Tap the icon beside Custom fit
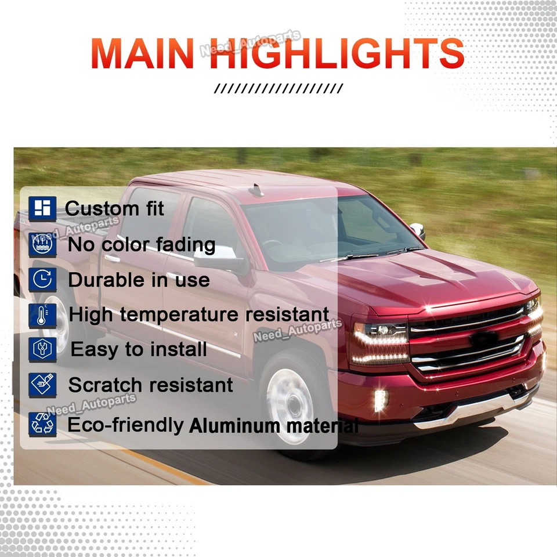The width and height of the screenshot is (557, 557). coord(42,208)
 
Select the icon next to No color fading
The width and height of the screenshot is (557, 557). coord(42,244)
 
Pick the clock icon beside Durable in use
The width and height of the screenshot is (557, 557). coord(42,280)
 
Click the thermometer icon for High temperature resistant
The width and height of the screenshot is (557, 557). coord(42,315)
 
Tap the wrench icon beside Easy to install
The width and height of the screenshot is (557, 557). coord(42,350)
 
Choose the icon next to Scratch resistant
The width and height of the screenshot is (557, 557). coord(42,385)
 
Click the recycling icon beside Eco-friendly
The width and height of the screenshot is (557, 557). coord(42,424)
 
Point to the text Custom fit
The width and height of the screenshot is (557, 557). coord(115,208)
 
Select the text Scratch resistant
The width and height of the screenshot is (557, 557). coord(150,385)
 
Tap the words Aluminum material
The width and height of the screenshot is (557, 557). coord(273,426)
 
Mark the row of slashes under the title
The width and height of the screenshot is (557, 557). coord(278,89)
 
